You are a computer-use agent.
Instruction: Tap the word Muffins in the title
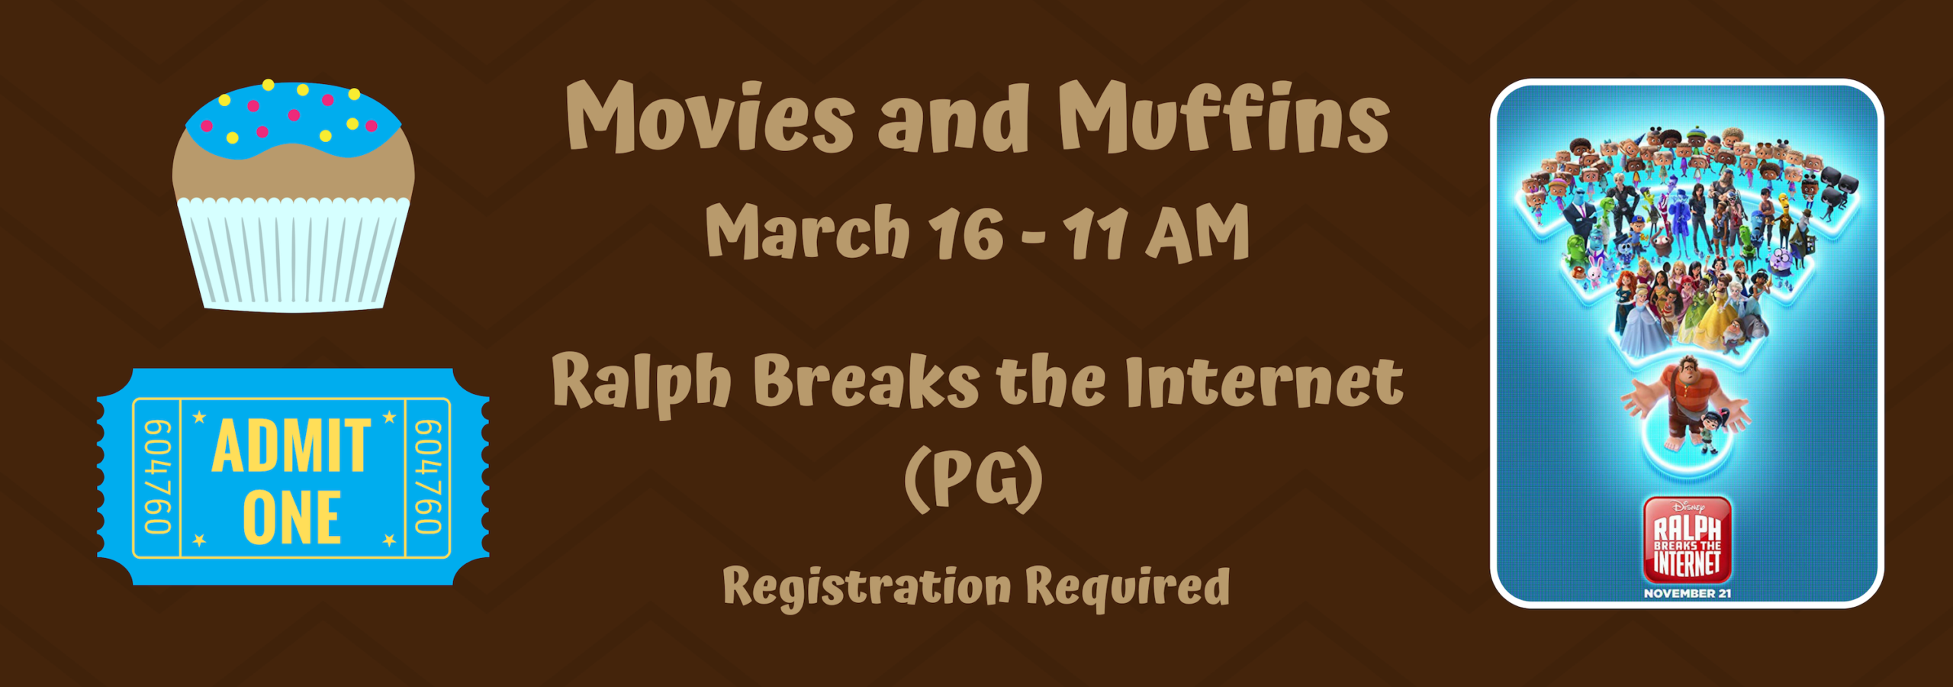[x=1224, y=119]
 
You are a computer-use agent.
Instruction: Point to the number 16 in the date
[x=965, y=234]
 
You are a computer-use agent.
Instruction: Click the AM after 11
[x=1197, y=234]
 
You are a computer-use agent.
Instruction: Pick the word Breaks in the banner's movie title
[x=866, y=382]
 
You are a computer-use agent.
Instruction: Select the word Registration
[x=867, y=588]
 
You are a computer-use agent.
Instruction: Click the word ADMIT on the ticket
[x=291, y=447]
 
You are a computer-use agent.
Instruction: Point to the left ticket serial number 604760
[x=157, y=477]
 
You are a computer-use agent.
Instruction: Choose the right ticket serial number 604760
[x=428, y=477]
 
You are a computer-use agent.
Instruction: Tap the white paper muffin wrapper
[x=293, y=256]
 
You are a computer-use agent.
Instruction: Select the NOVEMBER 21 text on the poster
[x=1687, y=593]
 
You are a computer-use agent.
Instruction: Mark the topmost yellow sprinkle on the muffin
[x=268, y=84]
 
